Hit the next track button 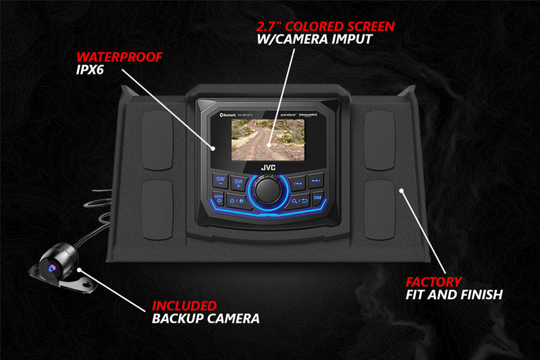click(x=315, y=182)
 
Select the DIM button click(x=317, y=198)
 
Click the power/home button click(x=236, y=200)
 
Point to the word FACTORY click(x=433, y=281)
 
